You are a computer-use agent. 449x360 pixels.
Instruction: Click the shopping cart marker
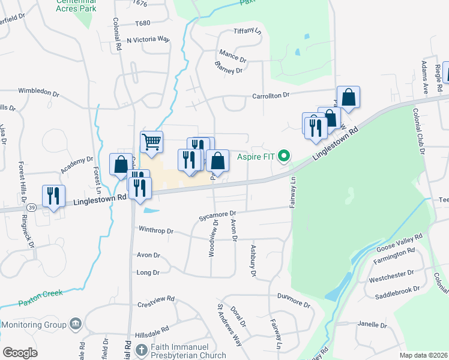click(151, 142)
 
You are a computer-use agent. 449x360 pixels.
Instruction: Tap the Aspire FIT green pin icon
click(285, 157)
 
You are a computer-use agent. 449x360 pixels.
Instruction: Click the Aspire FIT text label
click(256, 157)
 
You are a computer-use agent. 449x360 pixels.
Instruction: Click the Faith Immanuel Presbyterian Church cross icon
click(141, 350)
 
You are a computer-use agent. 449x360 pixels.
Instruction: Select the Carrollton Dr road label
click(271, 95)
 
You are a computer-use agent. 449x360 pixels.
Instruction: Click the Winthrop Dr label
click(156, 230)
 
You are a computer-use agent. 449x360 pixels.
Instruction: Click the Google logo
click(20, 353)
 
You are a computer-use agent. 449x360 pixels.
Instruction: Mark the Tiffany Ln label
click(248, 31)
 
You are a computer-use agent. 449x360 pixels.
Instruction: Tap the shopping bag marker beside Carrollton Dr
click(348, 97)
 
